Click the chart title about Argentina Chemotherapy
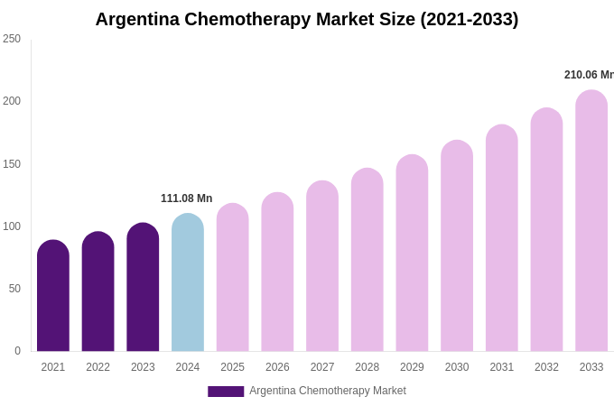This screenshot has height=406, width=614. [x=307, y=19]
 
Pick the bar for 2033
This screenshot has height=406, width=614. [x=591, y=221]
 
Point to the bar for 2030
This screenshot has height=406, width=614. [x=457, y=246]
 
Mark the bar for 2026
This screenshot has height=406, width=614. [x=277, y=272]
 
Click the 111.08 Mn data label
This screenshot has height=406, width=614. [x=187, y=198]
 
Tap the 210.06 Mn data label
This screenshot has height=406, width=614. [x=588, y=75]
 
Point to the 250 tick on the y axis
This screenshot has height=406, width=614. [x=12, y=39]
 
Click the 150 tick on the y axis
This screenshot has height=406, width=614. [x=12, y=164]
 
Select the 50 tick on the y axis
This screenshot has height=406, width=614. [x=14, y=289]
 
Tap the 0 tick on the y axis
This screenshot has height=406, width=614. [x=17, y=351]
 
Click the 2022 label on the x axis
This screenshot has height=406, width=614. [x=98, y=367]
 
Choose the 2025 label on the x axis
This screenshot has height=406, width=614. [x=232, y=367]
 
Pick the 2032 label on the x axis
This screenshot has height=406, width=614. [x=546, y=367]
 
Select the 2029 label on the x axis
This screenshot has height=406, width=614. [x=412, y=367]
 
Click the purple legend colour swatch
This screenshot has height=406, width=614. [x=226, y=392]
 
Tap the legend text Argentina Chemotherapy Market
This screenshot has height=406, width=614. [x=328, y=391]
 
